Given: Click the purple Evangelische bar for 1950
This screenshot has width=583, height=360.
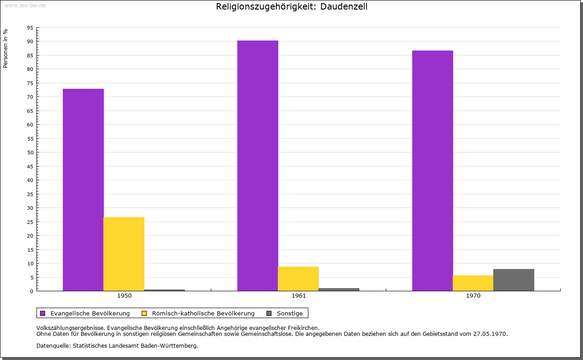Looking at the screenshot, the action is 83,190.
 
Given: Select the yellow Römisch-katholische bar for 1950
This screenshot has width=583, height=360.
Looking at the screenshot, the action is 124,254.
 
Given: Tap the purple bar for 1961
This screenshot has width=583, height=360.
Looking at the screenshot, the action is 258,166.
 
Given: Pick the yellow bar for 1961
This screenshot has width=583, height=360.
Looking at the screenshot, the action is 298,279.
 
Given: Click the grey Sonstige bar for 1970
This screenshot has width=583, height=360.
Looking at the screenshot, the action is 514,280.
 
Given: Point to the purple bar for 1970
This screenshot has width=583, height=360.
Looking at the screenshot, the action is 433,171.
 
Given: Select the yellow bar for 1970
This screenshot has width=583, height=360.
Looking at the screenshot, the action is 473,283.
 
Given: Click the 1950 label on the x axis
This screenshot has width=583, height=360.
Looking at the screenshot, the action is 124,296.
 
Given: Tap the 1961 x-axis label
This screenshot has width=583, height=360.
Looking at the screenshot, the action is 299,296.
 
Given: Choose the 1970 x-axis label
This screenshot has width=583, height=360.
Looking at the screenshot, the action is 473,296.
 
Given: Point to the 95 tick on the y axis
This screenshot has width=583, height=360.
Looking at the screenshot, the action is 30,28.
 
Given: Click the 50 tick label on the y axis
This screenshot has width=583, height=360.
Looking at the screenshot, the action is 30,152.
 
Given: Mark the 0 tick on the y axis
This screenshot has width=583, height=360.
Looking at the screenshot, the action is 31,291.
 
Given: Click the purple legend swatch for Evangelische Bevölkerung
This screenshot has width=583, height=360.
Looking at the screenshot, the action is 43,313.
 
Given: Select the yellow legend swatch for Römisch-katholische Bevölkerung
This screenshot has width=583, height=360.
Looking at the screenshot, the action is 144,313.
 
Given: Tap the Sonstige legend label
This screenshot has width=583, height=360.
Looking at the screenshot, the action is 290,313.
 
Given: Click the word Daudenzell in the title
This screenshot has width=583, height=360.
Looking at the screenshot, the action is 343,6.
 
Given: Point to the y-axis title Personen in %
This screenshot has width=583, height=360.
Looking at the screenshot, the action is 5,48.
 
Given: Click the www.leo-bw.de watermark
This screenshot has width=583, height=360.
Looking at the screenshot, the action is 25,5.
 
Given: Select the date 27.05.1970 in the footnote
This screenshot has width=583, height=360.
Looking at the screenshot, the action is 490,334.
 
